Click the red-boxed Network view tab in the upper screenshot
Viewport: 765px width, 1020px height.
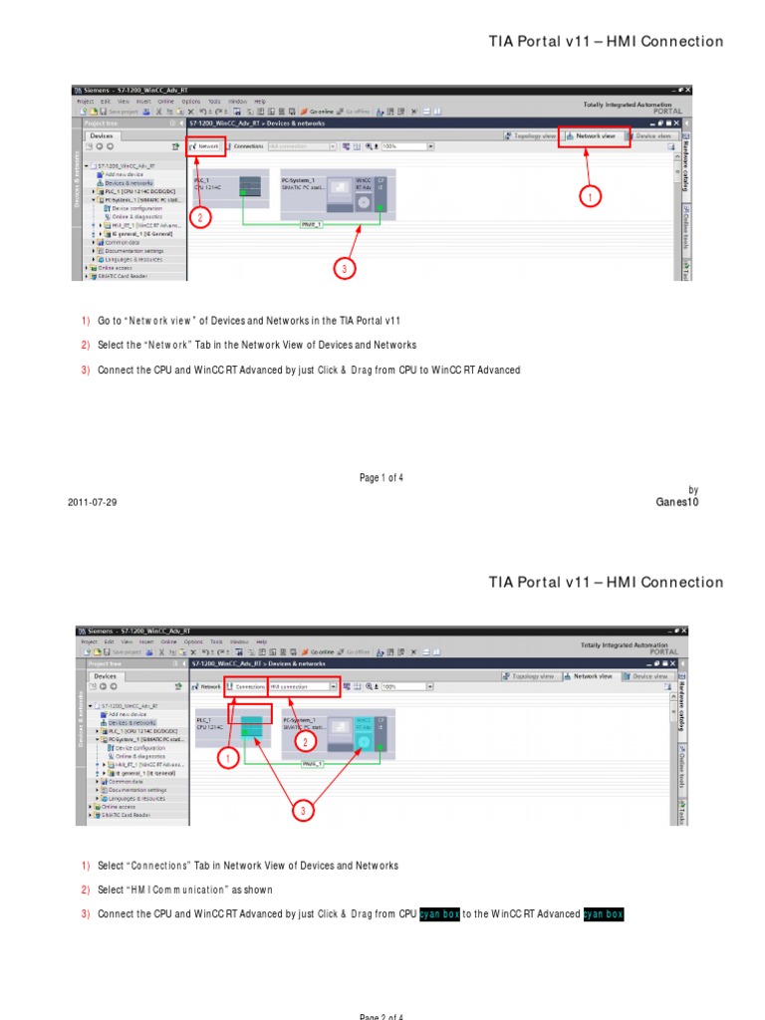click(595, 134)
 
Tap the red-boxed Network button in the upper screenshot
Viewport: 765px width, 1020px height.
click(206, 145)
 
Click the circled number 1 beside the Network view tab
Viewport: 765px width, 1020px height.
click(591, 197)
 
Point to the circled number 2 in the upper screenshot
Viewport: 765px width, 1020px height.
click(201, 216)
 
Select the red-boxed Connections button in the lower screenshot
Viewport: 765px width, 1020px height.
click(245, 686)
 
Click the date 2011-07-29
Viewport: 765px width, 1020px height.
click(92, 502)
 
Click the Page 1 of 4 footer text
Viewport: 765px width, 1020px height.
click(382, 478)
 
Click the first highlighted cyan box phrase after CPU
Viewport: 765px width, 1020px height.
click(439, 913)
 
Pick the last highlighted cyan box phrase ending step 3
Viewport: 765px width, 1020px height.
click(603, 913)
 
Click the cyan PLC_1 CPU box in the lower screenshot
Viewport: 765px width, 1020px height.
click(251, 726)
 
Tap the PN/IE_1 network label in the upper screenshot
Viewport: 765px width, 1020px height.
click(312, 225)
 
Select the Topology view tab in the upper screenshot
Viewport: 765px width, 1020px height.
click(530, 134)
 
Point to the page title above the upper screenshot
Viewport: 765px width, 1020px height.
click(606, 41)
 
